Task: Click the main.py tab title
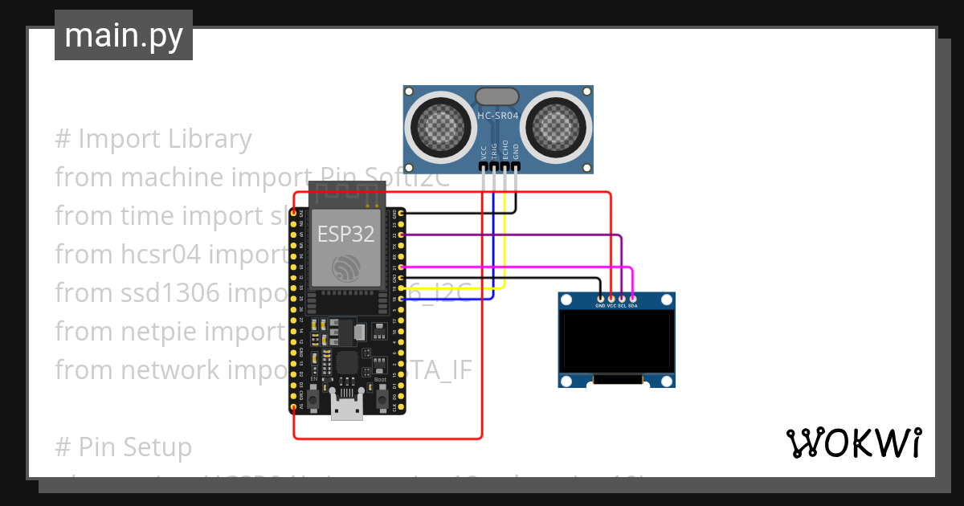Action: pos(123,35)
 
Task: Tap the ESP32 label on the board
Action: pos(345,234)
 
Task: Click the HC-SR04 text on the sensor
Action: pos(498,116)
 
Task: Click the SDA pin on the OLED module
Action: pos(633,299)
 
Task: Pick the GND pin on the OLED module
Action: pos(600,299)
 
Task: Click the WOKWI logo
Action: pos(853,443)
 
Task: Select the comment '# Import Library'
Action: pos(153,139)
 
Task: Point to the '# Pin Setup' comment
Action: pos(123,447)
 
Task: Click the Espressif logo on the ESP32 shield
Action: pos(346,268)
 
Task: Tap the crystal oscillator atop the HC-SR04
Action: pos(498,96)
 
